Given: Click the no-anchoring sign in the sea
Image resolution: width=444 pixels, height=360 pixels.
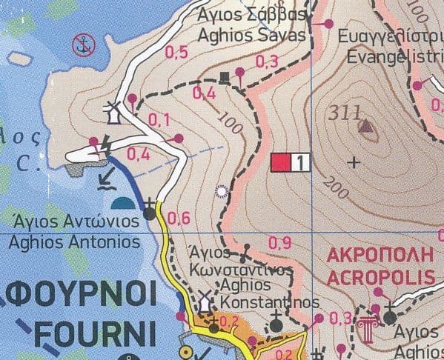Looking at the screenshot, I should click(84, 46).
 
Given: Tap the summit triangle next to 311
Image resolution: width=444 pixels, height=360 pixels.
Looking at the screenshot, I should click(366, 127).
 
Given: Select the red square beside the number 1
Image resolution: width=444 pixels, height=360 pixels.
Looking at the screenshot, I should click(281, 162).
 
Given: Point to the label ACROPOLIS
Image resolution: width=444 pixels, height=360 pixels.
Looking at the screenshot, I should click(380, 277).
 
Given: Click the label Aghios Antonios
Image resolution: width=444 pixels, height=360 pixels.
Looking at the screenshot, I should click(77, 241).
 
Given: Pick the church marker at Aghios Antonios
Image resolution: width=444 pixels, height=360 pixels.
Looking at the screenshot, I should click(150, 212).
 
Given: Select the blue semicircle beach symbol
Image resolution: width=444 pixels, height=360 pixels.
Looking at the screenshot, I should click(124, 203).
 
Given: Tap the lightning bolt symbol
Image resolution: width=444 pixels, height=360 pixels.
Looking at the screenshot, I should click(105, 146).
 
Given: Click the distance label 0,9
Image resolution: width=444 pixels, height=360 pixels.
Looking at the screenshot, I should click(280, 241).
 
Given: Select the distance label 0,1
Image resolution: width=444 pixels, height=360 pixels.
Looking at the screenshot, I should click(159, 119).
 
